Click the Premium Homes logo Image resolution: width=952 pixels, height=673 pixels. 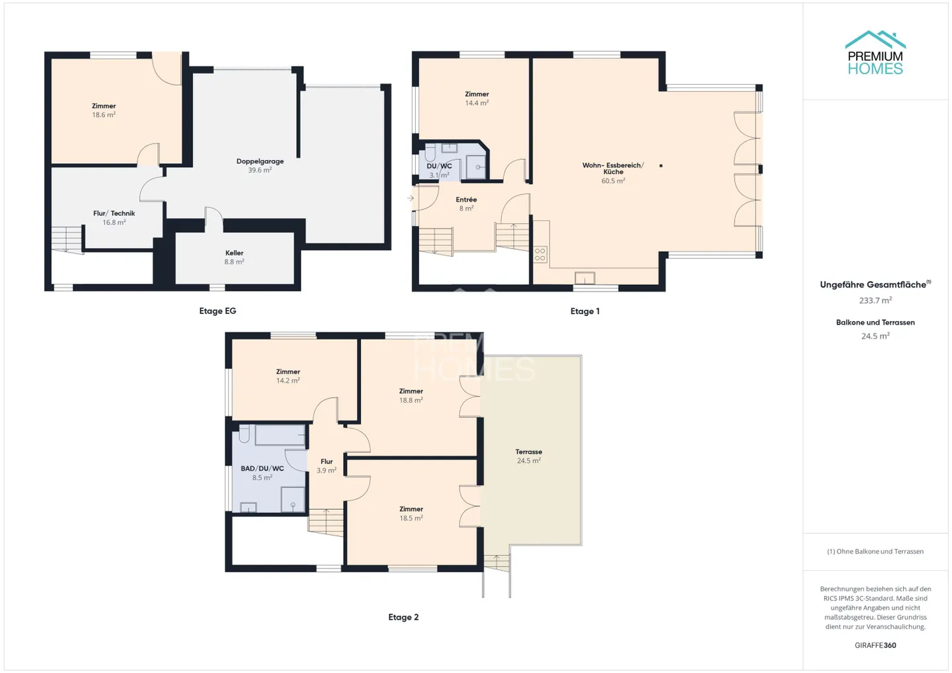click(875, 53)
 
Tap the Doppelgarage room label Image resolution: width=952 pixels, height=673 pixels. click(260, 161)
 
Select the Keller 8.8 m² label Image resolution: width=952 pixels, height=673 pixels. click(235, 257)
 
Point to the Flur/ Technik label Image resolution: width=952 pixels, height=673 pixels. click(114, 214)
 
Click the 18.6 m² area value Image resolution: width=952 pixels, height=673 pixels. click(104, 115)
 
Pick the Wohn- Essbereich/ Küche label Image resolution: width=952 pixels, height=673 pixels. click(613, 169)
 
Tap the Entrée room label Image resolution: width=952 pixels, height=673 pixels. click(466, 200)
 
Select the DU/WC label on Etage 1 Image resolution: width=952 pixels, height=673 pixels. click(439, 166)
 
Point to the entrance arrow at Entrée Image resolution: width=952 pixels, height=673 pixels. click(410, 198)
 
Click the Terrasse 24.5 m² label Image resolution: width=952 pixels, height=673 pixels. click(529, 456)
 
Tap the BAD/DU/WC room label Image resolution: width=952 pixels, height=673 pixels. click(262, 469)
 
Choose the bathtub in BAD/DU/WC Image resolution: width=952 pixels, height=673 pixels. click(280, 434)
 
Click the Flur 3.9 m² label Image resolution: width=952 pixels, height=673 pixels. click(327, 466)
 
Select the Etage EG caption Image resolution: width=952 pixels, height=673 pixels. click(218, 311)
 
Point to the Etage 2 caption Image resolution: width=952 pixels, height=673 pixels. click(403, 617)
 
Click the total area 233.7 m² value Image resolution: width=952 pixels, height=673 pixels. click(875, 300)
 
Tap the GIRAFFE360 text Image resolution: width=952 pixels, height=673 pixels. click(875, 645)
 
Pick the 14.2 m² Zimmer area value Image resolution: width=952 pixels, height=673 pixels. click(288, 381)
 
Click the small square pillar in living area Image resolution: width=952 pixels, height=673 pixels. click(661, 166)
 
